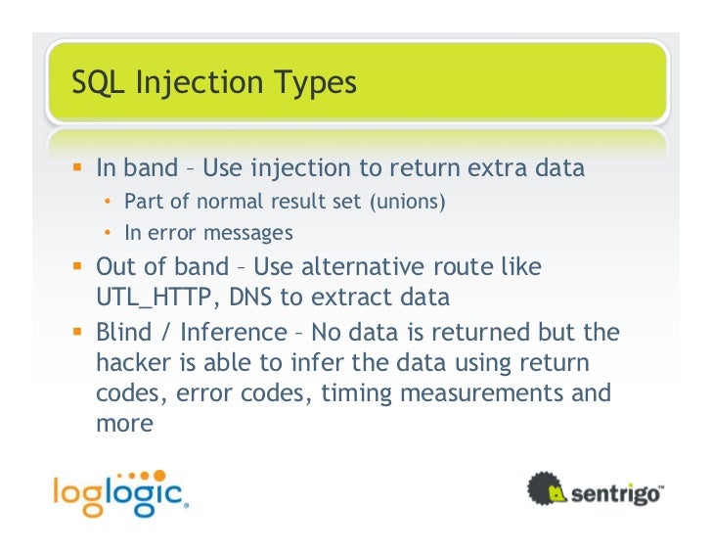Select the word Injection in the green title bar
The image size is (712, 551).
[199, 84]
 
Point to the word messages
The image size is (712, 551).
[249, 233]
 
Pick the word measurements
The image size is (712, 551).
[488, 393]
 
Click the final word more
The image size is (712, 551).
[124, 424]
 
